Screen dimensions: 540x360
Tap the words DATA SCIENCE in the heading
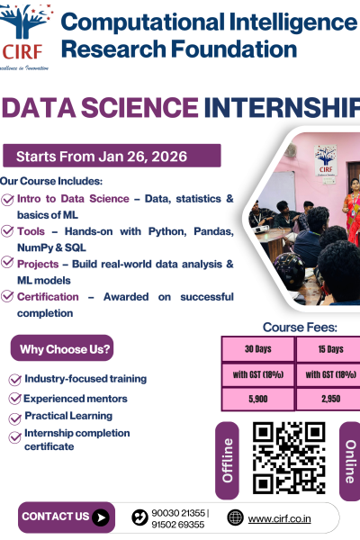[x=101, y=108]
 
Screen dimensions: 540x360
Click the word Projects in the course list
[x=40, y=264]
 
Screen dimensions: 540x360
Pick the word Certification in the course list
[x=47, y=296]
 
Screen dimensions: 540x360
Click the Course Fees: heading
[x=300, y=328]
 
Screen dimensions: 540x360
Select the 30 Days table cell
[x=258, y=349]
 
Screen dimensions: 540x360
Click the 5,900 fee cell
[x=258, y=398]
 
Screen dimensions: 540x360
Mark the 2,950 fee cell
[x=329, y=398]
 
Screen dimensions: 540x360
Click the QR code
[x=288, y=457]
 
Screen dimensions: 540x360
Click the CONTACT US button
[x=66, y=517]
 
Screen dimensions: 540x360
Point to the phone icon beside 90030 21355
[x=139, y=517]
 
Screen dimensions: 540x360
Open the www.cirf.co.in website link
[x=279, y=517]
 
